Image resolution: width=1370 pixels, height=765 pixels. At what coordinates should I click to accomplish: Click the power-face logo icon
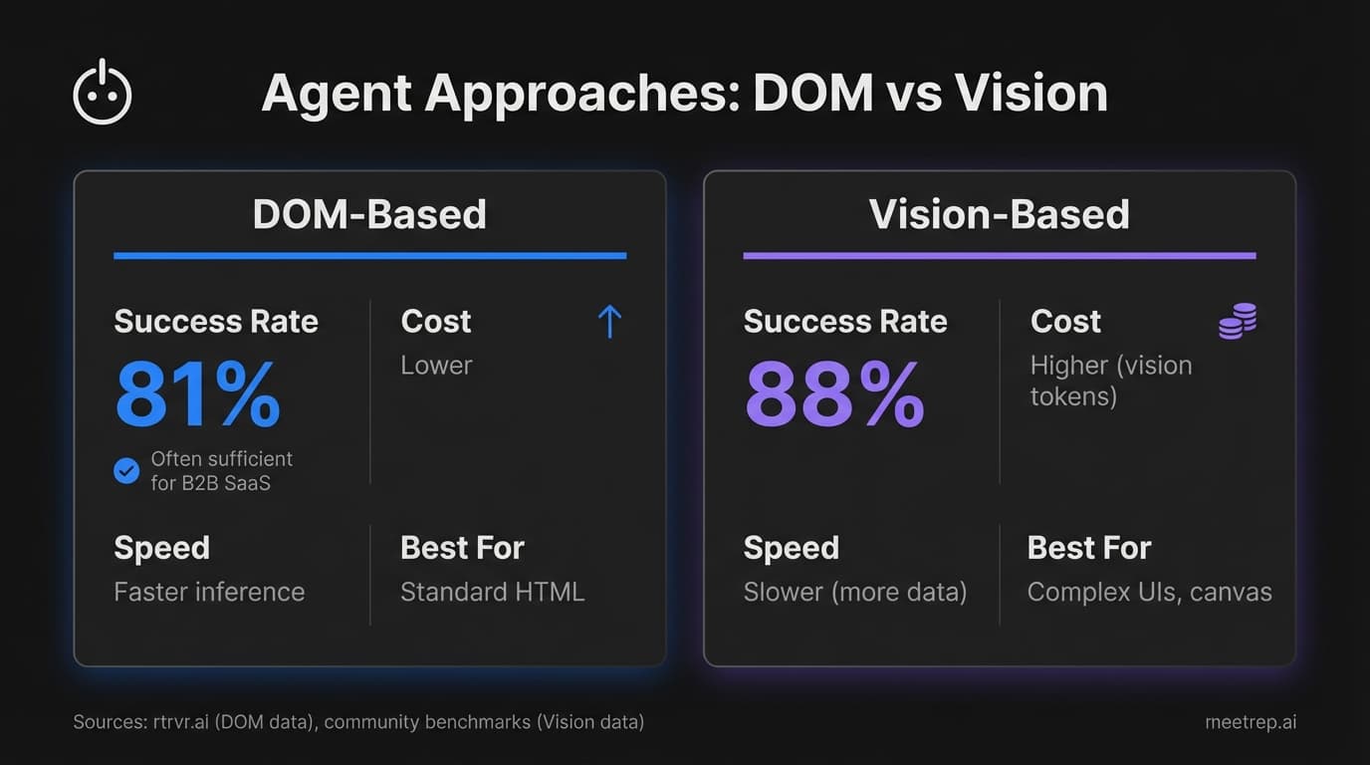coord(103,94)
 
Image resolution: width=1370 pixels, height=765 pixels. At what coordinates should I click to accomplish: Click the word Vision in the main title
coord(1030,94)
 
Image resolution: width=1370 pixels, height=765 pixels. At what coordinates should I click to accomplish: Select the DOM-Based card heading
coord(369,214)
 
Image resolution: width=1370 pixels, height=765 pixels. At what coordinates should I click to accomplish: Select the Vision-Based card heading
coord(999,214)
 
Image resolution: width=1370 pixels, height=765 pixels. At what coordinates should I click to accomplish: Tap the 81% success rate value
coord(198,394)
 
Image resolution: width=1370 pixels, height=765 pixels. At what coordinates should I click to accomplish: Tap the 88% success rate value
coord(834,394)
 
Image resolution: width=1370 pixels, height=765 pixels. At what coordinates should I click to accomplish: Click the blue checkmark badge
coord(126,470)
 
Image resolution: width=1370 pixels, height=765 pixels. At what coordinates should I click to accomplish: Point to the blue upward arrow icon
coord(609,322)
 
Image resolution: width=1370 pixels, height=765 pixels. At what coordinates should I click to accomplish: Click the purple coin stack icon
coord(1238,322)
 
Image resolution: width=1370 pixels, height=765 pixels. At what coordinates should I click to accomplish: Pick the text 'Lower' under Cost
coord(436,366)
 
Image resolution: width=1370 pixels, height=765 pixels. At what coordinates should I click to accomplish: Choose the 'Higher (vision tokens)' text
coord(1110,381)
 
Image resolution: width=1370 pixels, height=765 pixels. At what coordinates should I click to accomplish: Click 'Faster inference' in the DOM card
coord(209,592)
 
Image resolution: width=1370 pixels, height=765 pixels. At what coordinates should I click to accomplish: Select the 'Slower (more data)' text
coord(855,592)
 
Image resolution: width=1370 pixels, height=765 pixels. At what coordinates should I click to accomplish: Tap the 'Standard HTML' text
coord(492,592)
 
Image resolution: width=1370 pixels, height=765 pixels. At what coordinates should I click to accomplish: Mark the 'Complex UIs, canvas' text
coord(1149,592)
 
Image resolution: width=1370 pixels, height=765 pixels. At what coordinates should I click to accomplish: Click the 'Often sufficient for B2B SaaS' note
coord(221,471)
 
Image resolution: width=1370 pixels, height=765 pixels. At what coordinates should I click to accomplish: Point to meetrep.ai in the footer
coord(1251,722)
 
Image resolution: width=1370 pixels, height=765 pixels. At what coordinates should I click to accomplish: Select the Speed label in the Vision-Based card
coord(791,548)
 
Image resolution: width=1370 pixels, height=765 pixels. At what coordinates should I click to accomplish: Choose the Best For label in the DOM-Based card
coord(462,548)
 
